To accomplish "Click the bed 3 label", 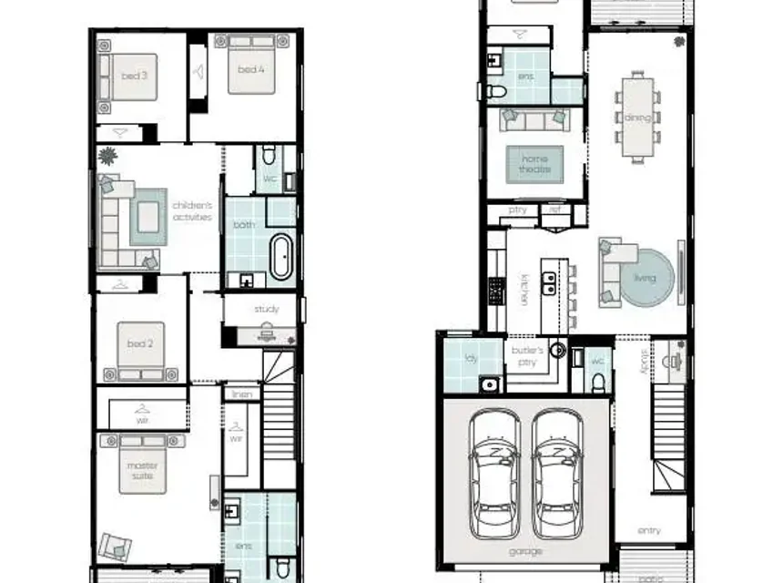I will click(x=134, y=76).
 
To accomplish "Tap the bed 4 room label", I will click(x=251, y=69).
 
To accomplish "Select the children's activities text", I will click(x=192, y=211).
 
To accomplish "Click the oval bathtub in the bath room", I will click(x=282, y=256).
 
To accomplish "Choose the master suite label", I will click(x=141, y=471).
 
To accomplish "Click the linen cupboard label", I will click(x=241, y=394).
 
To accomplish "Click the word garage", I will click(x=525, y=552).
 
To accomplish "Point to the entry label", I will click(x=649, y=530).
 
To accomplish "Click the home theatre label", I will click(x=535, y=164).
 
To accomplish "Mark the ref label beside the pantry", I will click(x=554, y=210).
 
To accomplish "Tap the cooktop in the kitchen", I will click(x=496, y=290).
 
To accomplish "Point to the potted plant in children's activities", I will click(x=107, y=157).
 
